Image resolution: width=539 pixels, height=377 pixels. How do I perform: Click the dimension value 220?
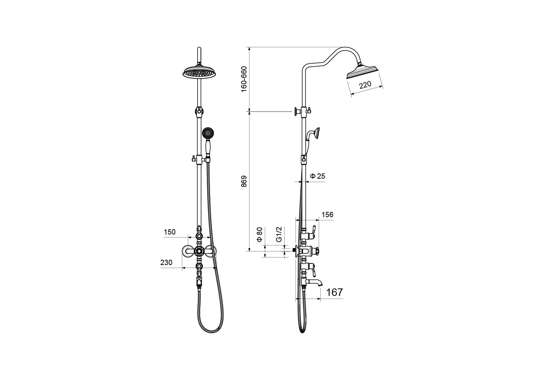[365, 85]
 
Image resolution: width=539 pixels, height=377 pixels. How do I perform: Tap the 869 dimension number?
[244, 181]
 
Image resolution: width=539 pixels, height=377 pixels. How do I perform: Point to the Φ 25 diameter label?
[318, 176]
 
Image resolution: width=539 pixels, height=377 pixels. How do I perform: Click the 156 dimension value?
[328, 215]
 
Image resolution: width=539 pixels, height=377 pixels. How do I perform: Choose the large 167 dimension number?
[334, 292]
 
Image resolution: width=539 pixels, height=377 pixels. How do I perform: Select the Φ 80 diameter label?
[259, 234]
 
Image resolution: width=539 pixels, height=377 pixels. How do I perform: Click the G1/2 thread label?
[279, 234]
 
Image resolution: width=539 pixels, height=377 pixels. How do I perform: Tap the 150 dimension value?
[170, 232]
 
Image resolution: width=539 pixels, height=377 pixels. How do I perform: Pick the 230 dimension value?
[166, 262]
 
